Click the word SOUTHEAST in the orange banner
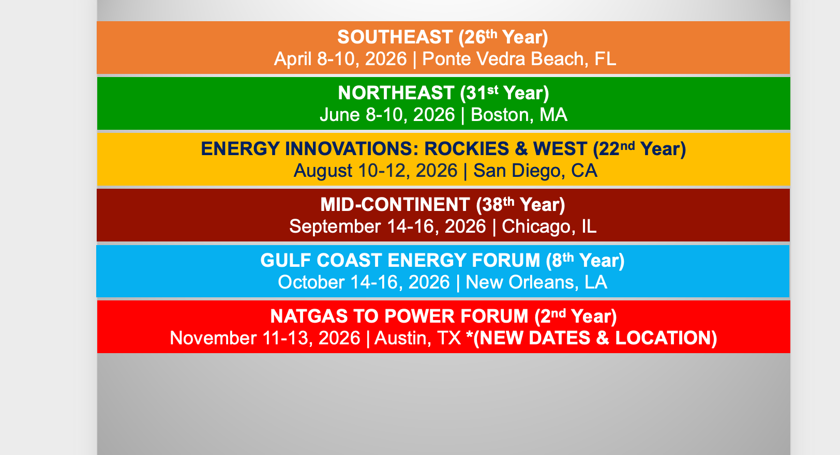click(395, 37)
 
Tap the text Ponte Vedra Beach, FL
click(519, 59)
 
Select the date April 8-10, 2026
click(340, 59)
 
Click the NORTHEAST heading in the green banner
click(396, 93)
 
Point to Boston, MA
click(519, 115)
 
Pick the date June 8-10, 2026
click(387, 115)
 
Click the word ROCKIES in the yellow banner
click(467, 149)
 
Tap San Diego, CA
click(535, 171)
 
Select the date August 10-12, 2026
click(376, 171)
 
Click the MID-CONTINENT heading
click(395, 205)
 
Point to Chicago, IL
click(549, 226)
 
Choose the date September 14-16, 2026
click(387, 226)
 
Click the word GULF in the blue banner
click(286, 261)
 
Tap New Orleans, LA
click(536, 282)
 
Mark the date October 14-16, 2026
click(364, 282)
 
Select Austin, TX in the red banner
click(418, 338)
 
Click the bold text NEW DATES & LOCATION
click(595, 338)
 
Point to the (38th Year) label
click(520, 205)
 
